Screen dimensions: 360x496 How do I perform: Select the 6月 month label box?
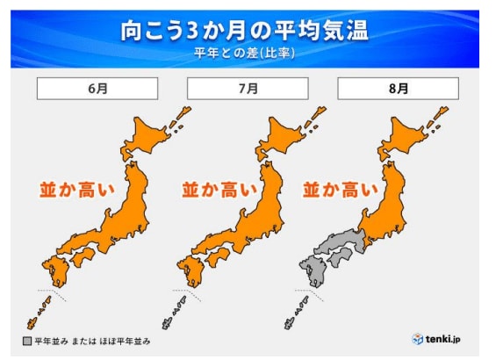[x=97, y=89]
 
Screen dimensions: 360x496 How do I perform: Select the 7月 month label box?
[x=248, y=89]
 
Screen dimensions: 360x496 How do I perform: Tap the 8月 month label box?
[x=399, y=89]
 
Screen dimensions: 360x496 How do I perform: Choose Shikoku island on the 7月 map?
[x=225, y=257]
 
